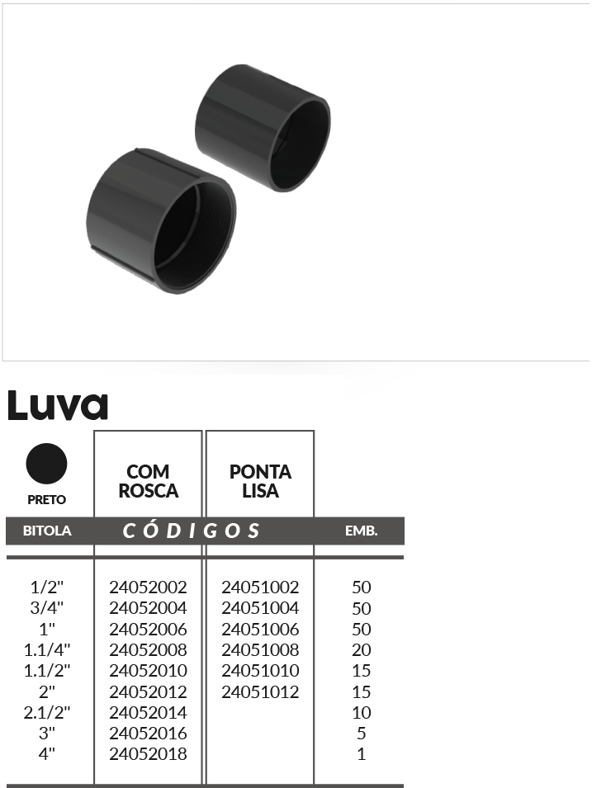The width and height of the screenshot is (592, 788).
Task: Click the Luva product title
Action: point(58,405)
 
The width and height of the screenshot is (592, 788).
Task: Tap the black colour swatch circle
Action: point(46,464)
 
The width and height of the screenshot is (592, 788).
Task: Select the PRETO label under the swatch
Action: point(47,499)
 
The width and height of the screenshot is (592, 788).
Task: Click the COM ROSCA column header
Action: point(149,481)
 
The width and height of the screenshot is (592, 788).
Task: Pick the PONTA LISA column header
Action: point(260,481)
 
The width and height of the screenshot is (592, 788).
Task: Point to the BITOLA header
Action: point(47,531)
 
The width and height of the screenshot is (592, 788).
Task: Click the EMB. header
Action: point(361,531)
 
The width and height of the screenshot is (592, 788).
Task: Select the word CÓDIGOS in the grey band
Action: point(191,531)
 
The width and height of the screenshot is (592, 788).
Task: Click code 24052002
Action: point(148,587)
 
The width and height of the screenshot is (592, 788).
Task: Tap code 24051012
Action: point(260,692)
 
